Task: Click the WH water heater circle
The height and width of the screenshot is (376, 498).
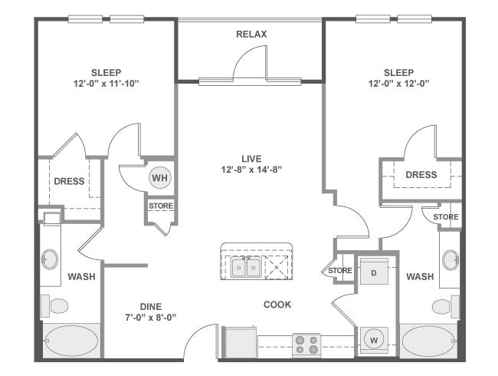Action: coord(159,177)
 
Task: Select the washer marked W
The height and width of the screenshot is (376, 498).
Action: coord(375,338)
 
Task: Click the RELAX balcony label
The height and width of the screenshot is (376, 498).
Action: coord(251,34)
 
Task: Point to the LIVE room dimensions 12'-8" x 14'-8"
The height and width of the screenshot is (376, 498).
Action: coord(251,171)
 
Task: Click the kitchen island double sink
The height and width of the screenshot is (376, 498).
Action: coord(246,267)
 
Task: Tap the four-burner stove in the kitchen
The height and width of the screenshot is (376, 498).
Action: coord(306,343)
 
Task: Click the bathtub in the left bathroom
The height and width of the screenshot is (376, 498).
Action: coord(70,339)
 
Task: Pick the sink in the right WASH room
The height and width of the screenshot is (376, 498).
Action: coord(450,258)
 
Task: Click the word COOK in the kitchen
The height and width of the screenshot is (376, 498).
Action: coord(277,305)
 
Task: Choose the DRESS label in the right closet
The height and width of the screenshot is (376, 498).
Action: coord(421,175)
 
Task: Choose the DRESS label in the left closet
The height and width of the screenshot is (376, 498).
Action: coord(69,182)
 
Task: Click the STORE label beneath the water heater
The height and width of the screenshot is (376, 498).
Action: coord(161,206)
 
